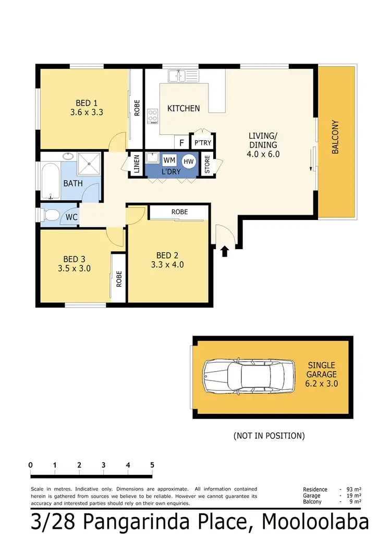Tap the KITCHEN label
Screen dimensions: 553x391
coord(183,108)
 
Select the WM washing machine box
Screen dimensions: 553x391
coord(169,160)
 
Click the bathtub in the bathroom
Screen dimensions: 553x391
coord(51,182)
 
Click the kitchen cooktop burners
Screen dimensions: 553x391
coord(152,116)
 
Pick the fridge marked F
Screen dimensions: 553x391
coord(181,142)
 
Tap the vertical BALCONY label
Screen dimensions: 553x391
coord(336,138)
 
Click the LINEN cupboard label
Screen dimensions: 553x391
coord(137,164)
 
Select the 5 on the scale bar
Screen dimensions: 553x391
coord(152,465)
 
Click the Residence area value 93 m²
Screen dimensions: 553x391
coord(351,489)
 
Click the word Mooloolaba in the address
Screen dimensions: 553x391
coord(316,523)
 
